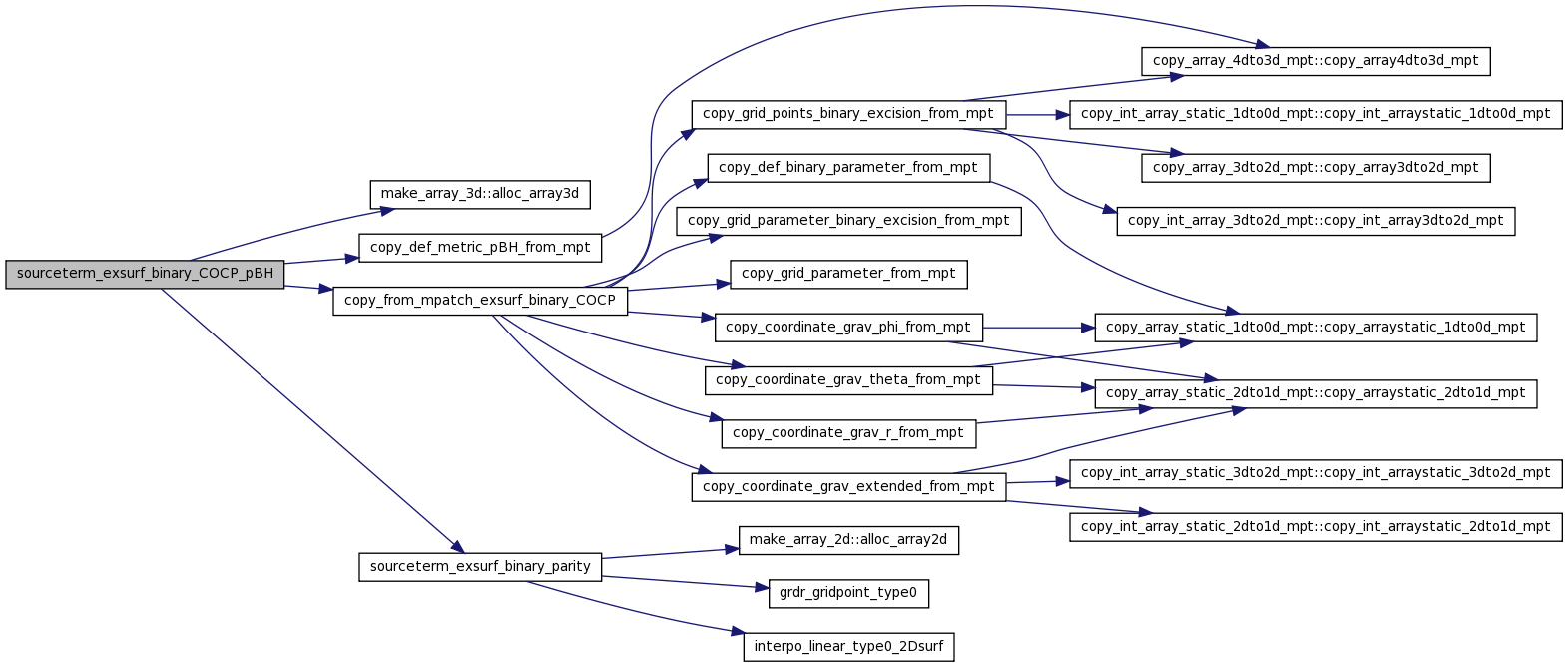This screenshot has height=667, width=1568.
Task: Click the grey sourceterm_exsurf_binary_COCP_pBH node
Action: (x=145, y=274)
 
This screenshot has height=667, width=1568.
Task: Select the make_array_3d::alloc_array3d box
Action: (x=480, y=194)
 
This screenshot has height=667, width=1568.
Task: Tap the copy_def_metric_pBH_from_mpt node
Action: (x=480, y=248)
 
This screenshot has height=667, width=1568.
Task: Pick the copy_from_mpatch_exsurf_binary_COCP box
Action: (x=480, y=301)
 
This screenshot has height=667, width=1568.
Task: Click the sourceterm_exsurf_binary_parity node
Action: (x=480, y=567)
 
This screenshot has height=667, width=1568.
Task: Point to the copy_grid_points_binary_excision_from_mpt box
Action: (x=848, y=114)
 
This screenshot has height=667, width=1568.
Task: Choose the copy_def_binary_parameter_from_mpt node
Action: (x=848, y=168)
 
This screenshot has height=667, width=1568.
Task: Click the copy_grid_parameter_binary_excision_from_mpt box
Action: (x=848, y=221)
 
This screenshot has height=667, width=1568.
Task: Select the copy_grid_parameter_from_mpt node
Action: (x=848, y=274)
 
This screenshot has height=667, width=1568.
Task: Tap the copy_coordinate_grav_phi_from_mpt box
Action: (x=848, y=328)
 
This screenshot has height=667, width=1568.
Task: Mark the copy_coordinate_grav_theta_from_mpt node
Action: (x=848, y=380)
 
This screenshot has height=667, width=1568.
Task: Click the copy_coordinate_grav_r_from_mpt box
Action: (x=848, y=433)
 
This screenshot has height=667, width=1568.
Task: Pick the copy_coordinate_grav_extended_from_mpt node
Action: (x=848, y=487)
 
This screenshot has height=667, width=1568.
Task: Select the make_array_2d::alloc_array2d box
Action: (x=848, y=540)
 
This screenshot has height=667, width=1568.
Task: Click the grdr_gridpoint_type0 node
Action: (x=848, y=593)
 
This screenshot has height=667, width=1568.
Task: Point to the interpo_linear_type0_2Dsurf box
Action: (x=848, y=647)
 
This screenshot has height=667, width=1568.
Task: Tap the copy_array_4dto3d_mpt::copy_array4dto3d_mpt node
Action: (x=1315, y=61)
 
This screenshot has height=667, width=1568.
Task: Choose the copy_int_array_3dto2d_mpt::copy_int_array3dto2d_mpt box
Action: (x=1315, y=221)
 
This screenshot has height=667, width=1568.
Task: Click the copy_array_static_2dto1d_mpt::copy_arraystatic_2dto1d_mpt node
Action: (x=1315, y=393)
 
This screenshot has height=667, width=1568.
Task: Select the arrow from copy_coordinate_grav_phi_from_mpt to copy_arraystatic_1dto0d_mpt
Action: (x=1039, y=328)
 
